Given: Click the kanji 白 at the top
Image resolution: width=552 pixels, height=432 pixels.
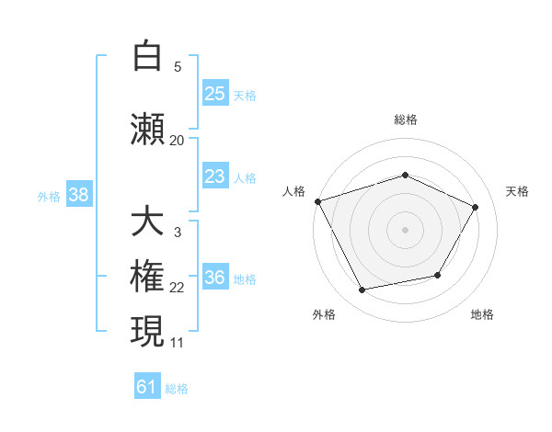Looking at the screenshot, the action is (x=147, y=55).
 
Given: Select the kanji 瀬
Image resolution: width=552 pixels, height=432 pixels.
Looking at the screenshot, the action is (x=147, y=129).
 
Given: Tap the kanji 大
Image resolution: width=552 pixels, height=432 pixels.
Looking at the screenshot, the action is (x=147, y=220).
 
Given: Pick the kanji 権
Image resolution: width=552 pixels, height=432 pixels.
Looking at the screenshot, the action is (x=147, y=276).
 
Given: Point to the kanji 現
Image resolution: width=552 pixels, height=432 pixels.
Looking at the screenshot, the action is (x=147, y=331).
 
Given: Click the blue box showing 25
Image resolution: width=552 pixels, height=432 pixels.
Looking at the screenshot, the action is (x=215, y=93).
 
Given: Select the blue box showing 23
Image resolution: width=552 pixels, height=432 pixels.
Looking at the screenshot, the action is (x=215, y=176).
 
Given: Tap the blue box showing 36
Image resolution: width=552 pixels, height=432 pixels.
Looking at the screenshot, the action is (x=215, y=276).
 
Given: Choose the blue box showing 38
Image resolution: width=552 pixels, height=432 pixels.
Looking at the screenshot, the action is (x=79, y=194).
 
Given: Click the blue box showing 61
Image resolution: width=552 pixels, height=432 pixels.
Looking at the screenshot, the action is (x=147, y=385).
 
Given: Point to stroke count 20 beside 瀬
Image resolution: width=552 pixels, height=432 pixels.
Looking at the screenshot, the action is (x=177, y=141).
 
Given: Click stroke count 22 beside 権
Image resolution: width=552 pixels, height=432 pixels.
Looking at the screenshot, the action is (x=177, y=288).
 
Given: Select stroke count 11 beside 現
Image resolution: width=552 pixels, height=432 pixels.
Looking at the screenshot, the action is (x=177, y=343).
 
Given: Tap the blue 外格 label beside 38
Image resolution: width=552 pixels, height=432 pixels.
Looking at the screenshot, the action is (x=49, y=197).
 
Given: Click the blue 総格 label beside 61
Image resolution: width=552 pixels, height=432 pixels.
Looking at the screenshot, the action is (x=177, y=389).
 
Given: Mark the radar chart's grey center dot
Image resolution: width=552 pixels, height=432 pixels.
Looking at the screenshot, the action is (x=405, y=230).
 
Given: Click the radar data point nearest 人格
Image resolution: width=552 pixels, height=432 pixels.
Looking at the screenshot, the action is (x=318, y=201).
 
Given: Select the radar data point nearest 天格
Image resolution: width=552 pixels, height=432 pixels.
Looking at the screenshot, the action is (x=475, y=207).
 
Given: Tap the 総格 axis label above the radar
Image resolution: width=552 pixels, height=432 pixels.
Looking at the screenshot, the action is (x=406, y=119).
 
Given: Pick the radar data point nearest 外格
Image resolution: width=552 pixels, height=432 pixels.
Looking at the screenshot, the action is (x=362, y=290).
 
